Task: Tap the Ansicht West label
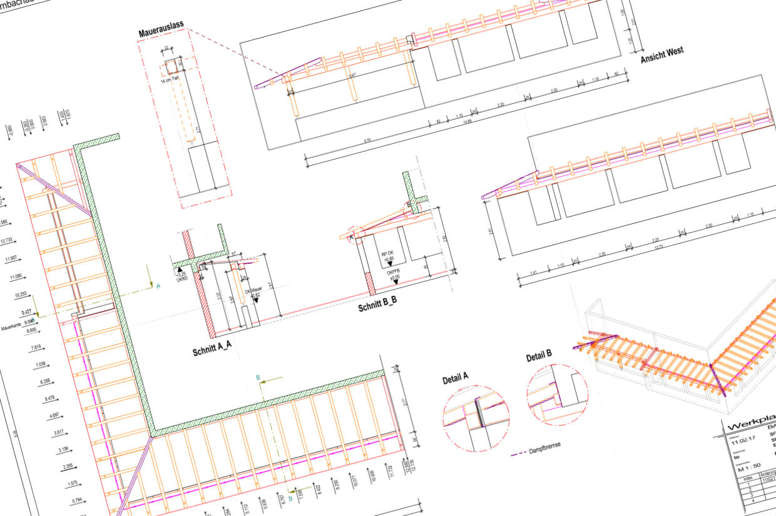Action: [x=661, y=55]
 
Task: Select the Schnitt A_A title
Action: [x=213, y=350]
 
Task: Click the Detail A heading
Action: [x=456, y=378]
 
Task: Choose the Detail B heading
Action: [x=539, y=357]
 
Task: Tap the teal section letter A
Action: [x=158, y=286]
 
